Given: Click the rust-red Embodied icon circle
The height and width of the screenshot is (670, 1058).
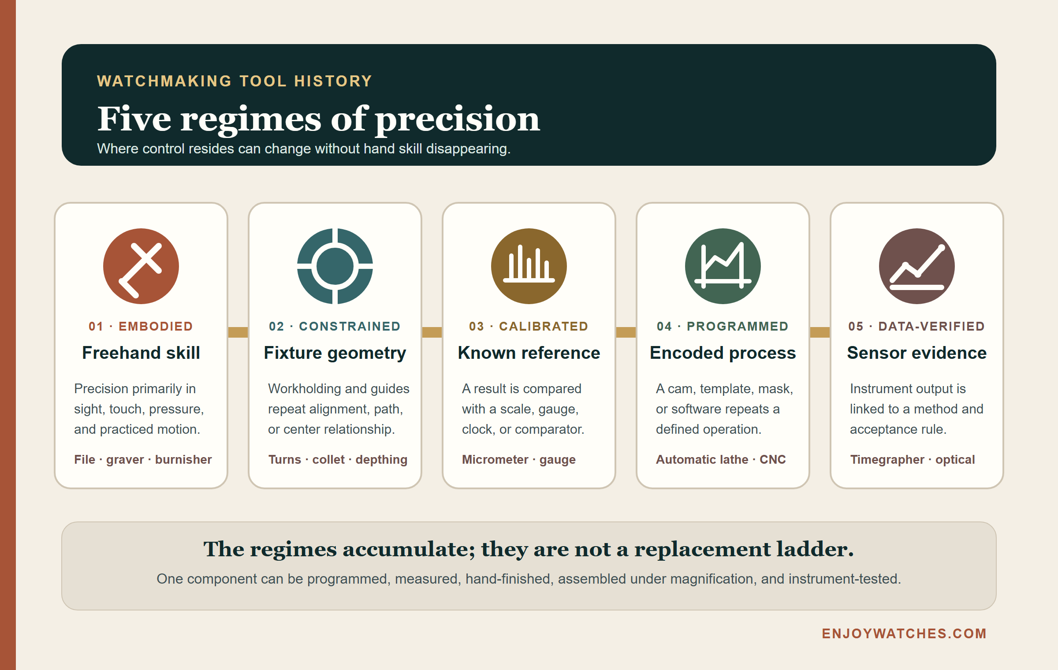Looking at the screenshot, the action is tap(141, 266).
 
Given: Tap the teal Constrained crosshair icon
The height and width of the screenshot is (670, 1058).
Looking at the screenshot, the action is tap(335, 266).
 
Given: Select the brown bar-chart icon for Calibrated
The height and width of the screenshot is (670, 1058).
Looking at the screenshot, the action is tap(529, 266).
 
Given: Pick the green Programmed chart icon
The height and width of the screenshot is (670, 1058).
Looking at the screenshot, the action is tap(723, 266).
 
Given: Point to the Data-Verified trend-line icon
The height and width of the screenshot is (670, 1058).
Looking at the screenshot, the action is tap(917, 266).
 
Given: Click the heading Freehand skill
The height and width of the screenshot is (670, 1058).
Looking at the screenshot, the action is tap(141, 353).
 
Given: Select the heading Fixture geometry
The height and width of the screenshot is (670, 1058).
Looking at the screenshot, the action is tap(335, 353).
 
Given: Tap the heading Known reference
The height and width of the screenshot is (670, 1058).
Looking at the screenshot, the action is tap(529, 353).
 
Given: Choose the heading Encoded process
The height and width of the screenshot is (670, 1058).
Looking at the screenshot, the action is tap(723, 353).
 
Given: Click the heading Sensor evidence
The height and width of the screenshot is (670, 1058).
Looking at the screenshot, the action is tap(917, 353).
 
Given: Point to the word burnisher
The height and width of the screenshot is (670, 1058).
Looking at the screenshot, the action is tap(183, 459).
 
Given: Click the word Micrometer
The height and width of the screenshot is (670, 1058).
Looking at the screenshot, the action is tap(495, 459).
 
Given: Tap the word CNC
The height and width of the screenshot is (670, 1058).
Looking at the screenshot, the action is tap(773, 459).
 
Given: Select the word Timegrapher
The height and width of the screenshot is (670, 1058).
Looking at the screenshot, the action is tap(887, 460).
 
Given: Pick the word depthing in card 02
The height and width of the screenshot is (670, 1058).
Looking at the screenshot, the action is tap(382, 460).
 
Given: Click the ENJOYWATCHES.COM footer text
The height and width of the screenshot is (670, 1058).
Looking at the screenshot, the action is tap(904, 633).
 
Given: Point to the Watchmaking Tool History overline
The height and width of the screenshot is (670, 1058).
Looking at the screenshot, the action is tap(235, 81).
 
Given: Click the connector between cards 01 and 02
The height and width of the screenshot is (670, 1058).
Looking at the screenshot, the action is tap(238, 332).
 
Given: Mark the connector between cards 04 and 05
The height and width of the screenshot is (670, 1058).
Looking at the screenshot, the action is tap(820, 332).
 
